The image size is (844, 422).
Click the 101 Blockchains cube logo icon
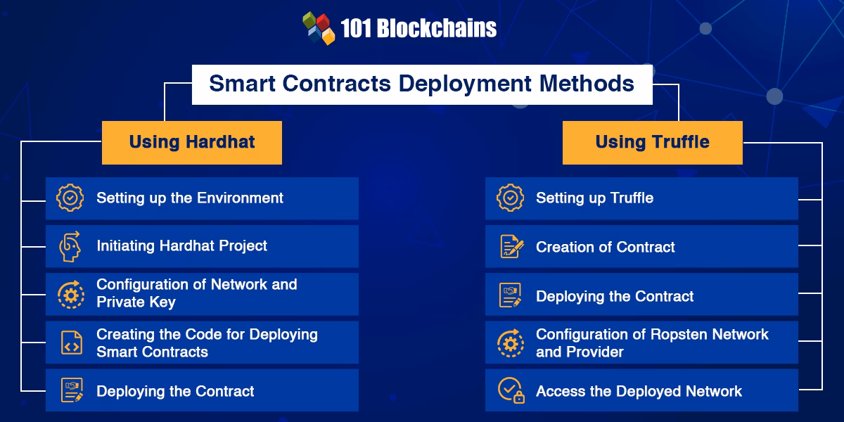[319, 28]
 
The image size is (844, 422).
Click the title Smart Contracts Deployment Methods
[422, 84]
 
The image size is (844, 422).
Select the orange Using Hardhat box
[192, 142]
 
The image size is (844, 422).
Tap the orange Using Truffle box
[652, 142]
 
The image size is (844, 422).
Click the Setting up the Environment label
[190, 198]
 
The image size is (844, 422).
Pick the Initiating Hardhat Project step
[181, 245]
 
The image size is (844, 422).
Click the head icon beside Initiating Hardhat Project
[70, 246]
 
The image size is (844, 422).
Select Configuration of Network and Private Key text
[197, 293]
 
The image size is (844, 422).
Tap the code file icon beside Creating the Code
[70, 343]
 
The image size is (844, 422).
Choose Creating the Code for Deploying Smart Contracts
[207, 343]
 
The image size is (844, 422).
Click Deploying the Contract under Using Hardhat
[175, 391]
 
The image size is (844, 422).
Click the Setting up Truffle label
[594, 198]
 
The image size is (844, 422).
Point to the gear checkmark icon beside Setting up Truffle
[510, 198]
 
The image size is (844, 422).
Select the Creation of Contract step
[605, 247]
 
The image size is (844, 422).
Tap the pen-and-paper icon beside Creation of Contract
[511, 246]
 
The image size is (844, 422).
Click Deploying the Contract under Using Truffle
[615, 296]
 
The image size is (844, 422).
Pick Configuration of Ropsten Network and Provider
[652, 343]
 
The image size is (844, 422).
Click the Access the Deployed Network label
[639, 391]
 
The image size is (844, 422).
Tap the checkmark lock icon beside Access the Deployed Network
[511, 390]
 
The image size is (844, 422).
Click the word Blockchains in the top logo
[437, 28]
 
